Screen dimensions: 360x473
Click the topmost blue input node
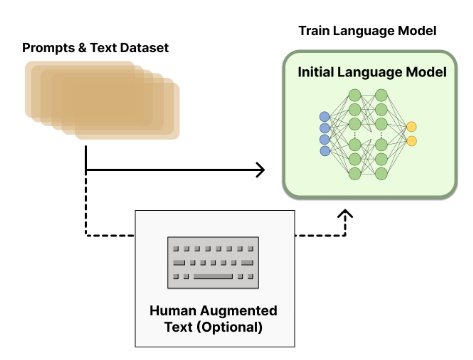pos(324,118)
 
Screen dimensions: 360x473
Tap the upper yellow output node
pos(411,127)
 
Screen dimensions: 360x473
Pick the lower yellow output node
pos(411,142)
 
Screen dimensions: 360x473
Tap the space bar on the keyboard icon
pos(212,274)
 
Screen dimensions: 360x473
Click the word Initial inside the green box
pos(321,73)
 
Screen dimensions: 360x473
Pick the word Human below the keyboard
pos(173,311)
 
